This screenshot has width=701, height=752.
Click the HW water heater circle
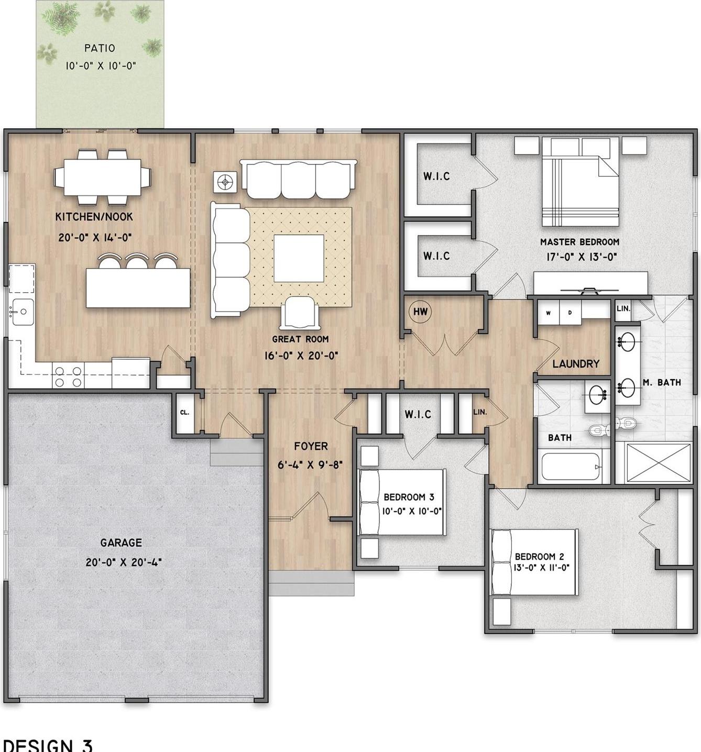(x=420, y=312)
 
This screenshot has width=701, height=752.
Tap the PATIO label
(x=100, y=48)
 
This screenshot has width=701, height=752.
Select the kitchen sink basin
(x=23, y=312)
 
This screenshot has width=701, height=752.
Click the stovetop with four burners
(x=68, y=377)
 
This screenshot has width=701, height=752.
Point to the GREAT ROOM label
(x=301, y=339)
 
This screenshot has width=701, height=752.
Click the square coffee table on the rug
(x=299, y=258)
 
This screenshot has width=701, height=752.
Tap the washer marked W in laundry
(x=549, y=313)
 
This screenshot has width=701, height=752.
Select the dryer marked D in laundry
(x=570, y=313)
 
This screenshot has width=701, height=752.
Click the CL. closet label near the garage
(x=184, y=412)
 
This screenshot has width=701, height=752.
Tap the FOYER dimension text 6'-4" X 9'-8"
(x=310, y=464)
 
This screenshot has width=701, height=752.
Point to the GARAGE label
(x=121, y=543)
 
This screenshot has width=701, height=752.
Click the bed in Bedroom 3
(x=402, y=502)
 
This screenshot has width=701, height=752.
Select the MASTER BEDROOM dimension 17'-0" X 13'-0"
(x=581, y=257)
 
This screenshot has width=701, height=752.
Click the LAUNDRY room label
(x=576, y=364)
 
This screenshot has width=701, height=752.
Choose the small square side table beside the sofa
(x=225, y=183)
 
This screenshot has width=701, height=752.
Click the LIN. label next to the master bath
(x=623, y=308)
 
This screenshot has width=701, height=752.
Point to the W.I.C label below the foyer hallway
(x=418, y=414)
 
